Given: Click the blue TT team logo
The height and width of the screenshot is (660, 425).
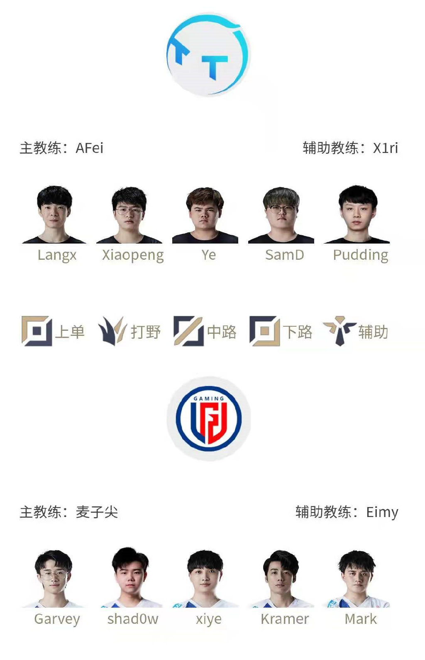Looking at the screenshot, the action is pos(209,55).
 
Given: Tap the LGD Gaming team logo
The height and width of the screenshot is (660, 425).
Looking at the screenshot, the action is pos(209,419).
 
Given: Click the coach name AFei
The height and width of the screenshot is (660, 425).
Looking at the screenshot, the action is pos(90,148).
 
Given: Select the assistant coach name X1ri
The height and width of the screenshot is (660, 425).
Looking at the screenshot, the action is pos(386,148).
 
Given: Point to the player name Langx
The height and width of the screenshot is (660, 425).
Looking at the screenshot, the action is pos(57,255).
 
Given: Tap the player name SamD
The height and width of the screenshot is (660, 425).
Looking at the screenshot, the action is pos(285,255).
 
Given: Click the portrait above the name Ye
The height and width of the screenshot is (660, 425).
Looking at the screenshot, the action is pos(205,216).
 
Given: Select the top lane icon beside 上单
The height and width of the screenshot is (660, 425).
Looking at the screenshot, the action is pos(37,331).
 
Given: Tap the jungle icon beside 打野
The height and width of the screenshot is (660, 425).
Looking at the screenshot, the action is pos(112,331).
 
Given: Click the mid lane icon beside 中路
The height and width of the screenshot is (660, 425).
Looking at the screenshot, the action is pos(189,331).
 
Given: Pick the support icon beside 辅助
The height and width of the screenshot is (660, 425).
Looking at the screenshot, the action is pos(340,331).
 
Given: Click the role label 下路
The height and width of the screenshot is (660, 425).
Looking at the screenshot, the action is pos(298,332).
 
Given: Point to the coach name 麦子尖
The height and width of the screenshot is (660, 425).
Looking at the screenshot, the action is pos(97,512).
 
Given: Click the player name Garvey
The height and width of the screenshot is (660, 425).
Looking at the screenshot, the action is pos(57,619).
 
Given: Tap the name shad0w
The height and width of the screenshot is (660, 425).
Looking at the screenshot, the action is pos(133,619).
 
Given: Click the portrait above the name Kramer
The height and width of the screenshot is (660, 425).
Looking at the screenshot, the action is pos(281,579).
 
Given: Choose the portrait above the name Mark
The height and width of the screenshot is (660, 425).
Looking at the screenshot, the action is pos(357,579).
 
